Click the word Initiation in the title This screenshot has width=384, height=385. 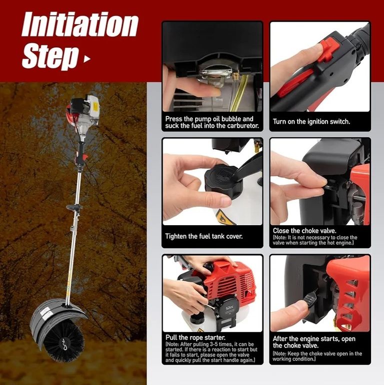click(x=80, y=24)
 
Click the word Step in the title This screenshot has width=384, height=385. click(x=50, y=56)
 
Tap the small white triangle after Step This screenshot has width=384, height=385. click(x=87, y=59)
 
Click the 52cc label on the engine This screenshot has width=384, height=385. click(x=229, y=307)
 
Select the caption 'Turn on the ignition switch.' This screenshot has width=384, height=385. click(x=311, y=121)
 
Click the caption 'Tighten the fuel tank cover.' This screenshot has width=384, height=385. click(x=204, y=236)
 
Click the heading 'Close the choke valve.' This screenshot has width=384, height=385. click(x=304, y=231)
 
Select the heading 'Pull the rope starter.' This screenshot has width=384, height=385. click(x=195, y=338)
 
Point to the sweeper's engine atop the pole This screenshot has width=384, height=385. click(x=83, y=109)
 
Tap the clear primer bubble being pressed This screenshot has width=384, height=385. click(x=216, y=76)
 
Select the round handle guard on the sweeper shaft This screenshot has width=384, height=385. click(x=74, y=207)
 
